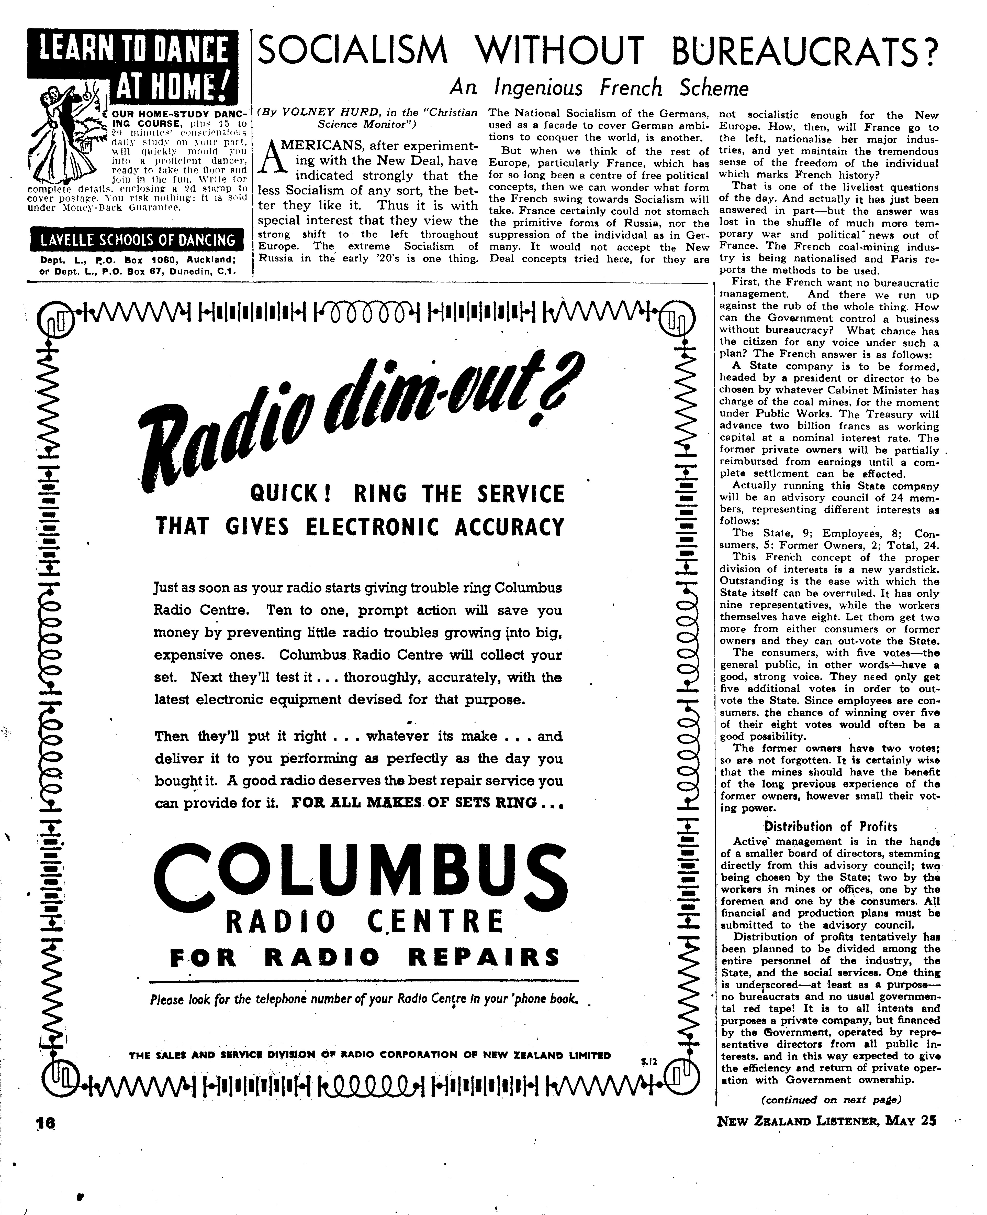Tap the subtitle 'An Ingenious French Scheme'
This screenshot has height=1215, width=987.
(x=599, y=88)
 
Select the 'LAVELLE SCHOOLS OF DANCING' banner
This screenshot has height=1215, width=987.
(x=137, y=240)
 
